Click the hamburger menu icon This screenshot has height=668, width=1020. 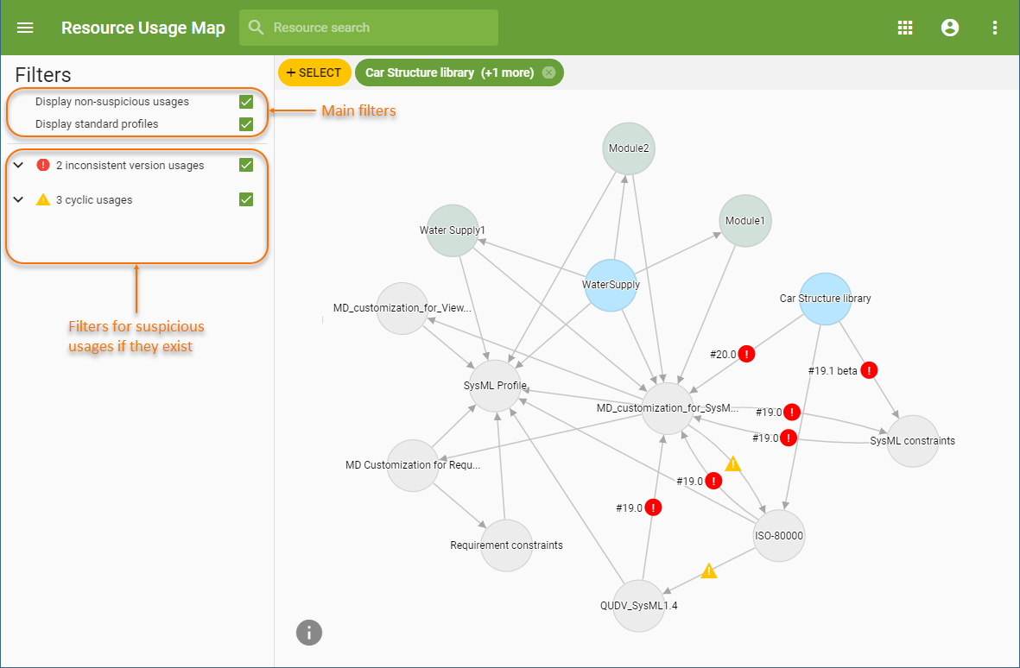tap(25, 28)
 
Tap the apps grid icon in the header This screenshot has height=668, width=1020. tap(905, 28)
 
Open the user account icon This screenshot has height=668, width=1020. tap(950, 28)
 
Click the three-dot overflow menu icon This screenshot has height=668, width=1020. tap(994, 28)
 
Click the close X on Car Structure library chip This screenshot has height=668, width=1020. tap(548, 72)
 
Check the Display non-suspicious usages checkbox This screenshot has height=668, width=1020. tap(246, 102)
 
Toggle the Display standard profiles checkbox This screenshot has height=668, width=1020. tap(246, 124)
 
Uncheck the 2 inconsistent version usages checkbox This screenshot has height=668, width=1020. tap(246, 165)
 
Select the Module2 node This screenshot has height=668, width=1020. tap(629, 148)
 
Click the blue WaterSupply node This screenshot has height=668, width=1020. tap(611, 284)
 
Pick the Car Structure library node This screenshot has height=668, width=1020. tap(826, 299)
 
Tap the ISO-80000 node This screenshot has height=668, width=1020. tap(779, 535)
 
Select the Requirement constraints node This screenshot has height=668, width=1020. tap(506, 545)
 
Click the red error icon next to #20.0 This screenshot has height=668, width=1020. tap(747, 354)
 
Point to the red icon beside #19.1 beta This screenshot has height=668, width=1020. tap(869, 370)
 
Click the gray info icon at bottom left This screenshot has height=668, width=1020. tap(309, 633)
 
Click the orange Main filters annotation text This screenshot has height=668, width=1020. tap(358, 110)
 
